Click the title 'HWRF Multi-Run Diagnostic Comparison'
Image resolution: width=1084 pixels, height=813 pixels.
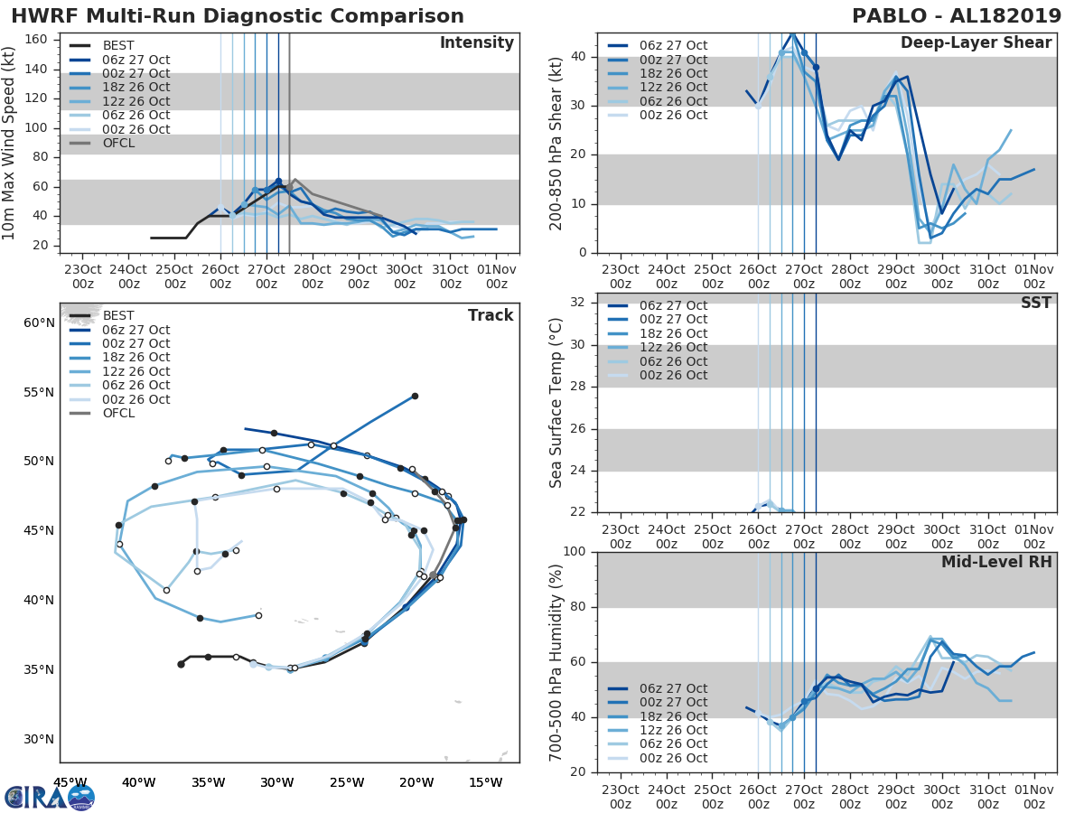238,16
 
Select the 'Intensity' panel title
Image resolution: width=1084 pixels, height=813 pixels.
476,43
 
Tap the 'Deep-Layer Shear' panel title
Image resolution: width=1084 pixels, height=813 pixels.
976,43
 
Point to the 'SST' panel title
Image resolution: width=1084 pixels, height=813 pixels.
1035,303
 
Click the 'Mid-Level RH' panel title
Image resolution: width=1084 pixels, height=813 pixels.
996,562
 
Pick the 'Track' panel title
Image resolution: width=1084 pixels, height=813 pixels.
491,315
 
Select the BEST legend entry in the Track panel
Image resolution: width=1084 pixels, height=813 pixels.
118,315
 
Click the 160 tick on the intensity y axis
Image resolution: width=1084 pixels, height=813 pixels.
35,40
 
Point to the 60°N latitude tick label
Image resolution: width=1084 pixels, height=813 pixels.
38,322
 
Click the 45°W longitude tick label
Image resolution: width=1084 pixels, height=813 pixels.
70,782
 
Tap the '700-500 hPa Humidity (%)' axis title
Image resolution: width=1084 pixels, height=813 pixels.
557,661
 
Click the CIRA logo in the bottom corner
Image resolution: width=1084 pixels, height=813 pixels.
50,797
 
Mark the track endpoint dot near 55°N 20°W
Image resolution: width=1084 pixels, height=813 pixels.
415,396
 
